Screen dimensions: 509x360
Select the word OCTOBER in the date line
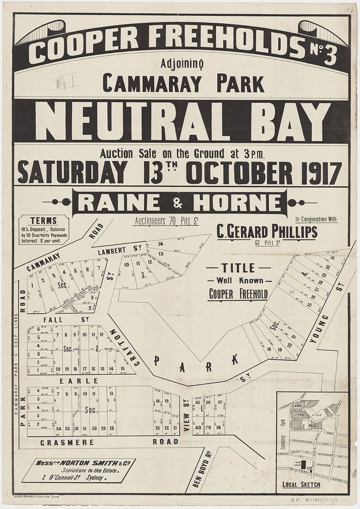point(239,173)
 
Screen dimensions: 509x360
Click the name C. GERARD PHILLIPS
point(267,232)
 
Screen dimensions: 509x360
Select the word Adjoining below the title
point(183,64)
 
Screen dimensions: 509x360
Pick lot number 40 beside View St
point(198,428)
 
